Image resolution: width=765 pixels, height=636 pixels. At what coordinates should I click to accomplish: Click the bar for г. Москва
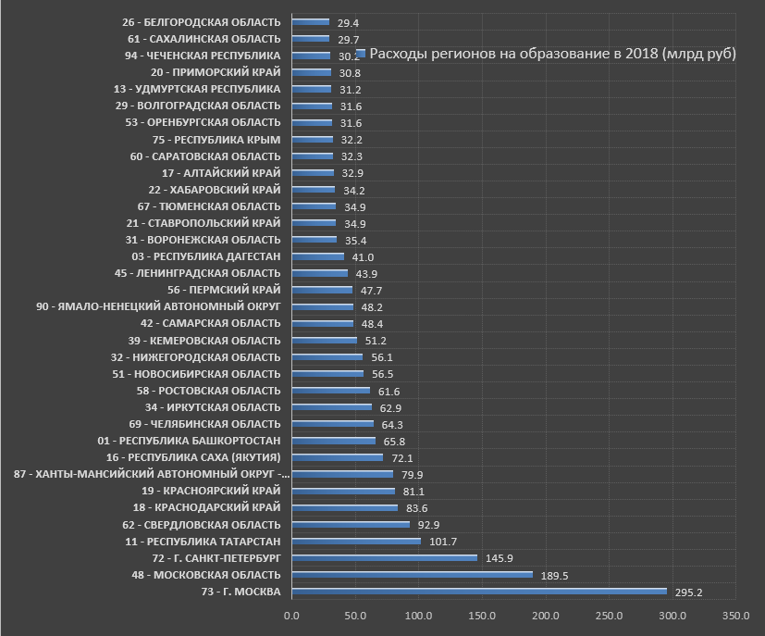[x=479, y=591]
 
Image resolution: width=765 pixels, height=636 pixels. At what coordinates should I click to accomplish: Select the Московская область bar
[x=413, y=574]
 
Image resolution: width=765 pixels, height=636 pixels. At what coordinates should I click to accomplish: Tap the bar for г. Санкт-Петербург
[x=385, y=557]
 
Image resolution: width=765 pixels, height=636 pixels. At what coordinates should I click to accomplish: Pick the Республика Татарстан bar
[x=356, y=541]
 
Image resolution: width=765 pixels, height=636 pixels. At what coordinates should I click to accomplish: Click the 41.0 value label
[x=362, y=257]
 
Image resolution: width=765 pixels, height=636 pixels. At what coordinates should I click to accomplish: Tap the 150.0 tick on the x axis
[x=483, y=616]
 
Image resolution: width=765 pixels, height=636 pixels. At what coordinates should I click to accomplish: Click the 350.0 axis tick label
[x=736, y=616]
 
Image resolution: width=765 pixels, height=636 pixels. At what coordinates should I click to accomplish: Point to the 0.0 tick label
[x=292, y=616]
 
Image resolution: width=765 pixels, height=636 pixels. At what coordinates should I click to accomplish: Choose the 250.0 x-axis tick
[x=610, y=616]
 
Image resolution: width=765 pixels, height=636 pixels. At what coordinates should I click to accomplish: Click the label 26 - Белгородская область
[x=201, y=21]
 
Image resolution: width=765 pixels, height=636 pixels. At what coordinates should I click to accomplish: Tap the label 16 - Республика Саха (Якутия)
[x=193, y=457]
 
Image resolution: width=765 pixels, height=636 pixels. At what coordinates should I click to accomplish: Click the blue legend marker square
[x=362, y=54]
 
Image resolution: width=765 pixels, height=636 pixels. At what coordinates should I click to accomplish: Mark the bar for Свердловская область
[x=351, y=524]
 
